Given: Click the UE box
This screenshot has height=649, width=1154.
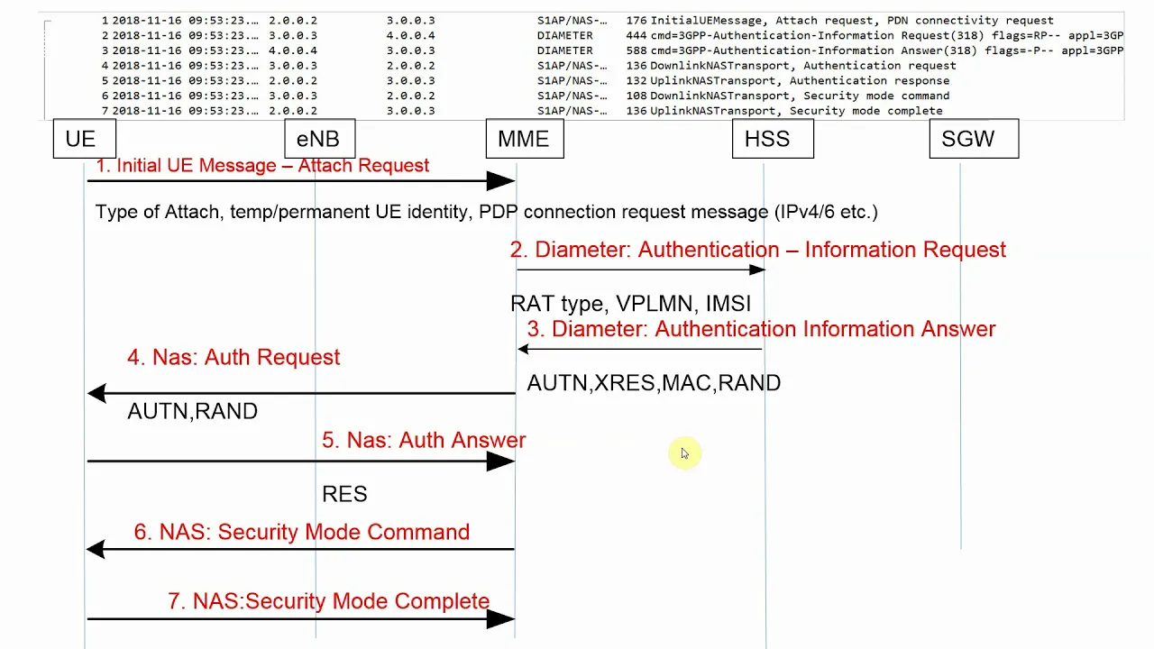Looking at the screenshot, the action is click(85, 139).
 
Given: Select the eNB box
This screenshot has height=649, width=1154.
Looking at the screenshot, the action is click(320, 139).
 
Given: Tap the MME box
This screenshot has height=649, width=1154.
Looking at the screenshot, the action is click(525, 139).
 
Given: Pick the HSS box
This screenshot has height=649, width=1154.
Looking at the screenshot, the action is click(773, 139).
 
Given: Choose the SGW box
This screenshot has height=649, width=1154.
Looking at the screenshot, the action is click(975, 139).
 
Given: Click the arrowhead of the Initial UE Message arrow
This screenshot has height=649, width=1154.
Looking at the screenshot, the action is click(500, 181).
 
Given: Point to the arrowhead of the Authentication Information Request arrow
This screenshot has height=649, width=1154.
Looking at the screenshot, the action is click(757, 270).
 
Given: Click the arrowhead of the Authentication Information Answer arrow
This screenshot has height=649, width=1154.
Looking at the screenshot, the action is click(524, 349).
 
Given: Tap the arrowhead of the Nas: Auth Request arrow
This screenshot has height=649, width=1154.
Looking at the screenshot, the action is click(96, 394).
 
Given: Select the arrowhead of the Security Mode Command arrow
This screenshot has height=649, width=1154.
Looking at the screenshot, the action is click(96, 549).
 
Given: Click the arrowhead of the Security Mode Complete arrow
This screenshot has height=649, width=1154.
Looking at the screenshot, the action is click(500, 618).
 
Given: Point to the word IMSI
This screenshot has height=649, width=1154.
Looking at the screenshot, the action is click(728, 304).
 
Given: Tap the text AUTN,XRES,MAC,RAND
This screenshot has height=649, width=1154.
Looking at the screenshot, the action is click(654, 383).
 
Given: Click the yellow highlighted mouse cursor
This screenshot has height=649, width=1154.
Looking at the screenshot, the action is click(684, 453).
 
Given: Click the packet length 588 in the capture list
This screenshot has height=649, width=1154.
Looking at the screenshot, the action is click(636, 50).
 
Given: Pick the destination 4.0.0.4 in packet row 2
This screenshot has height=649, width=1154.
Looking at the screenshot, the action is click(410, 35).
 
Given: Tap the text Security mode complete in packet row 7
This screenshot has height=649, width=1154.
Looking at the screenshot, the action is click(866, 111).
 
